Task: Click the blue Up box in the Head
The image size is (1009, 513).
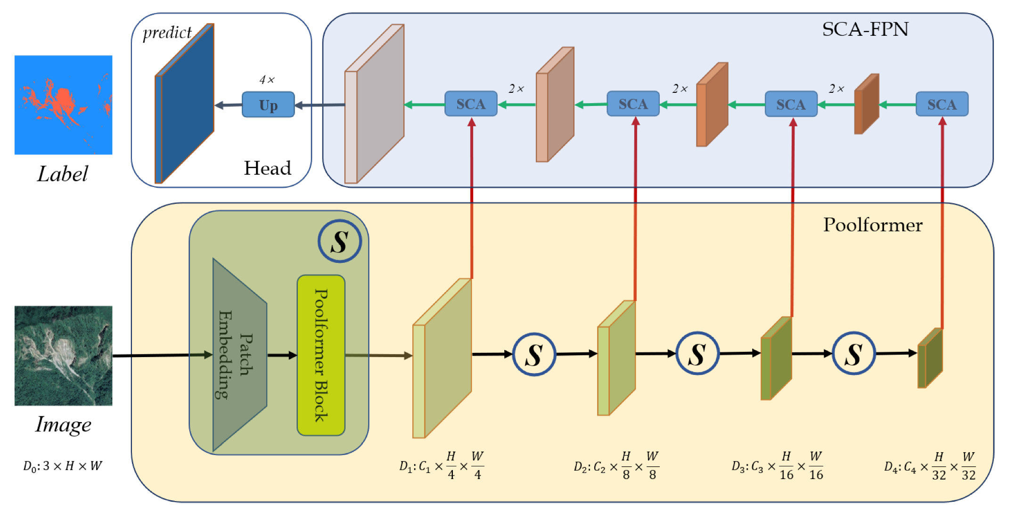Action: click(x=268, y=105)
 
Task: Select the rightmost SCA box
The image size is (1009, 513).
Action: click(x=942, y=104)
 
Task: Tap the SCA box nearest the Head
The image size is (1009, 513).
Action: click(x=471, y=104)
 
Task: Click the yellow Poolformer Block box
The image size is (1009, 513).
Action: click(x=321, y=355)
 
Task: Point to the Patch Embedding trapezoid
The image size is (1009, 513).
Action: click(x=239, y=355)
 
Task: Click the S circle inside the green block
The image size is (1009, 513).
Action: click(x=339, y=241)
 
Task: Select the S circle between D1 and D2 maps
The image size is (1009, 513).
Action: click(x=534, y=354)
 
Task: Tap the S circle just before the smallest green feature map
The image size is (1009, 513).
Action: click(x=853, y=353)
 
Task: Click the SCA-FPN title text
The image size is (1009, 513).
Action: click(x=865, y=29)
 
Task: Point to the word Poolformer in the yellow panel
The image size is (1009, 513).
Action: click(x=872, y=225)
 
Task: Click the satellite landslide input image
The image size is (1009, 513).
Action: click(x=63, y=356)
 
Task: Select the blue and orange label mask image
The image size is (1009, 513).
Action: click(x=63, y=105)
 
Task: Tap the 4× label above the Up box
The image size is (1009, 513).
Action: click(x=267, y=80)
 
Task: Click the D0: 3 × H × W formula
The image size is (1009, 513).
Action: click(x=63, y=466)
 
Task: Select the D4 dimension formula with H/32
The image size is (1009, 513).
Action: click(x=929, y=466)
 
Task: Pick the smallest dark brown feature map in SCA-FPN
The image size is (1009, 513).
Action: click(x=867, y=104)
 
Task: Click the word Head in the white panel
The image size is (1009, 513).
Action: click(x=267, y=168)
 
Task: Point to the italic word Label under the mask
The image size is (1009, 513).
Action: click(x=62, y=174)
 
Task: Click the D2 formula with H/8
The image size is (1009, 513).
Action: click(x=615, y=466)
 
